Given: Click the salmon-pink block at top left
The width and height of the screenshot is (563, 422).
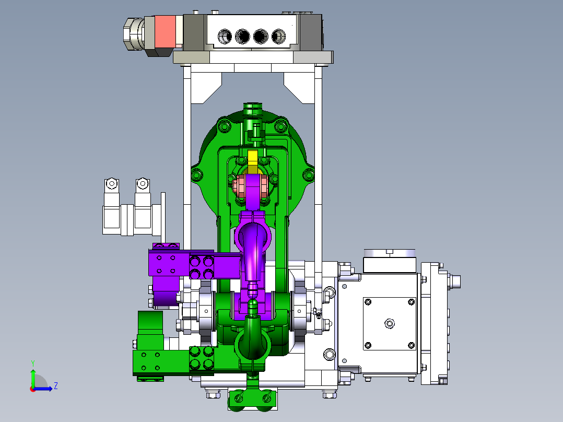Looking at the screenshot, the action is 165,32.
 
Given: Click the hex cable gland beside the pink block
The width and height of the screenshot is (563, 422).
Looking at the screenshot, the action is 134,34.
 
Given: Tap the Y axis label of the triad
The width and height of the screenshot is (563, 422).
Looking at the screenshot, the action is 33,363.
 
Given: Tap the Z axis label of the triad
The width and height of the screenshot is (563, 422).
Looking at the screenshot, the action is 56,386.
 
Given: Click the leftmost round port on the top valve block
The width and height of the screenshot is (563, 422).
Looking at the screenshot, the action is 225,36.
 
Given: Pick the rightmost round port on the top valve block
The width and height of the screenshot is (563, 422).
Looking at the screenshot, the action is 279,36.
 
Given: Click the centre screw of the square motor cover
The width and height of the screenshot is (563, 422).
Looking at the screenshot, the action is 390,324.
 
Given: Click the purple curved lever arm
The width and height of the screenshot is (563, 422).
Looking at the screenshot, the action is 252,248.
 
